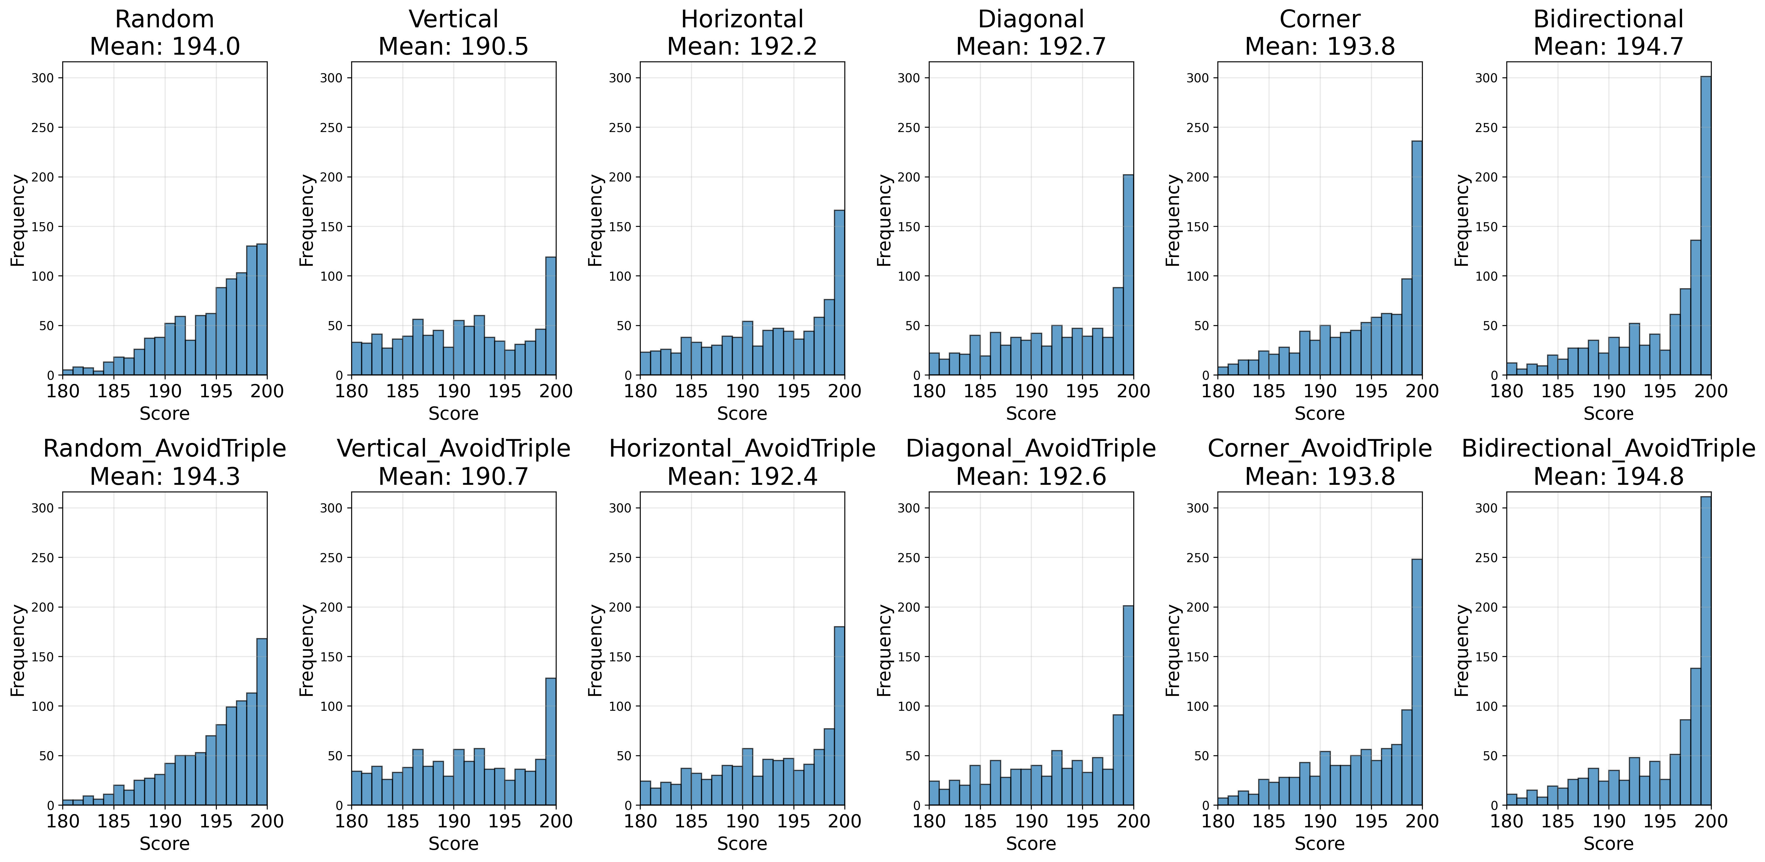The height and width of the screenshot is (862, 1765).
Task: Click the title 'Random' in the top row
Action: (164, 19)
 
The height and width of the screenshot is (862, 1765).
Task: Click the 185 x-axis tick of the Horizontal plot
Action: (691, 391)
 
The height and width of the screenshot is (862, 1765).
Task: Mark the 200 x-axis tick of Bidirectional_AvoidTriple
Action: (1711, 821)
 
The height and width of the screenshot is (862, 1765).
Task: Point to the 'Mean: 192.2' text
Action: (742, 47)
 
